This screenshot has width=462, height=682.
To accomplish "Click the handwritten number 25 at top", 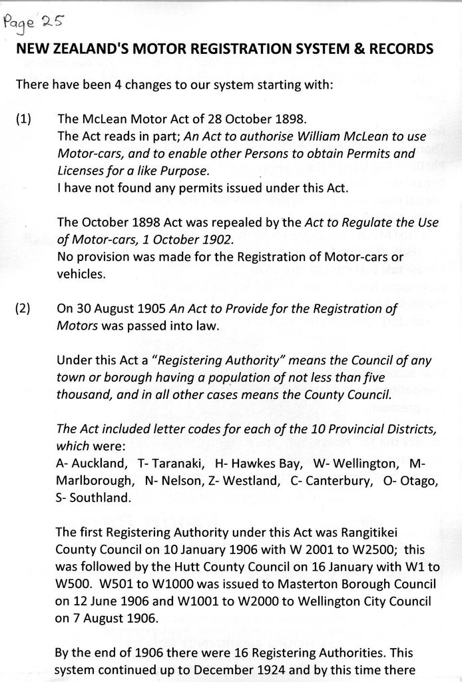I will click(x=52, y=21).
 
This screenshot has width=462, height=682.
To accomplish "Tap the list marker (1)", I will click(x=23, y=120).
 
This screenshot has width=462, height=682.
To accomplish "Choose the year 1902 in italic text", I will click(x=214, y=239).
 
